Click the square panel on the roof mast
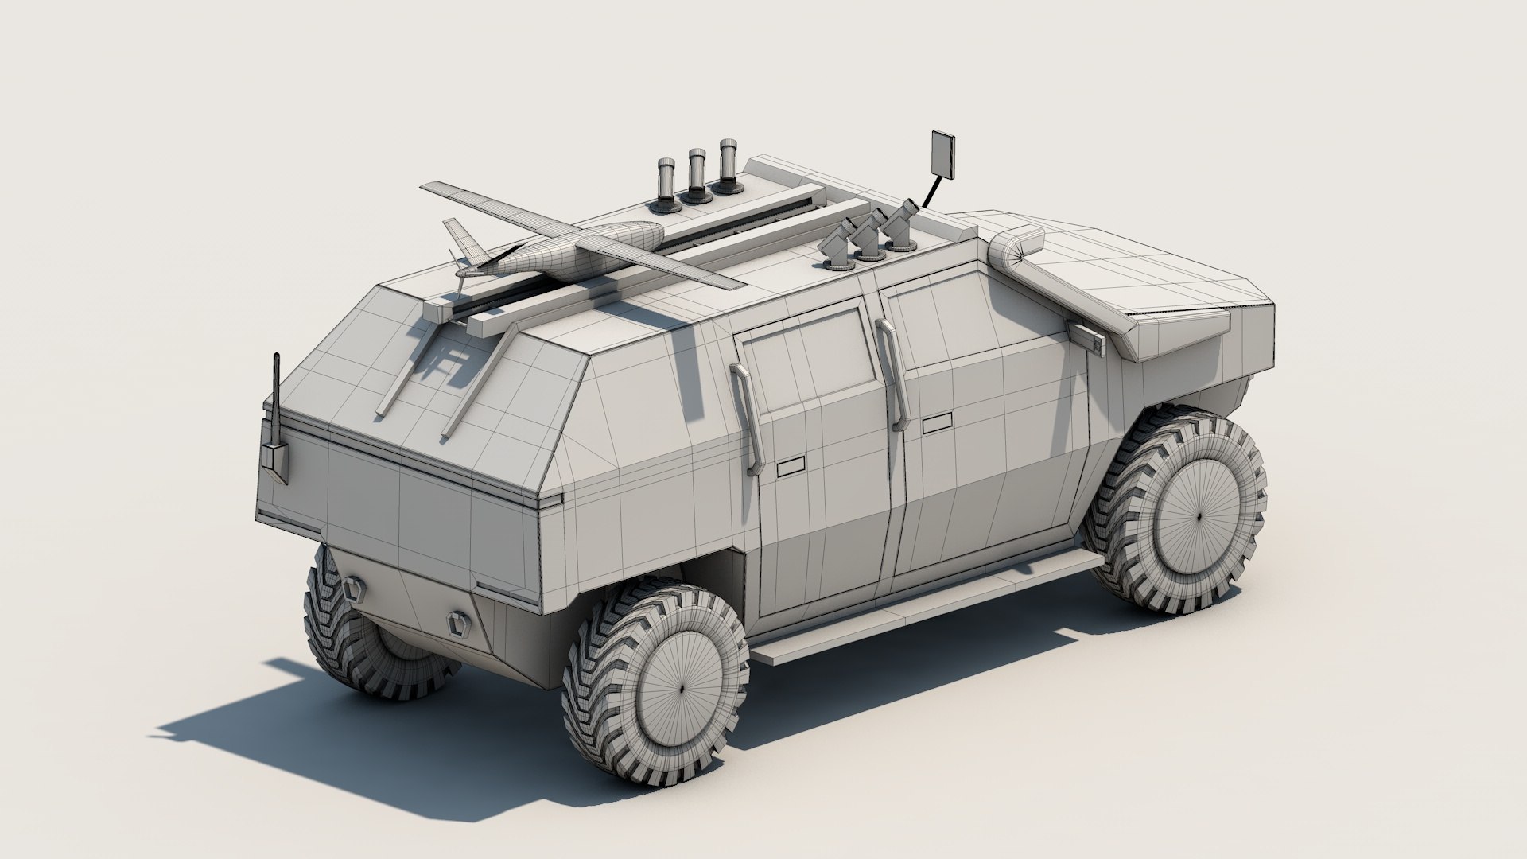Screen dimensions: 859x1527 click(x=944, y=154)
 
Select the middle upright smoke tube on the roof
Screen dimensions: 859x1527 click(x=697, y=174)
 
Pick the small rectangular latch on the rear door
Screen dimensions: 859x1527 click(x=791, y=468)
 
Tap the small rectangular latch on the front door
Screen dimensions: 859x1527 click(x=937, y=424)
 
